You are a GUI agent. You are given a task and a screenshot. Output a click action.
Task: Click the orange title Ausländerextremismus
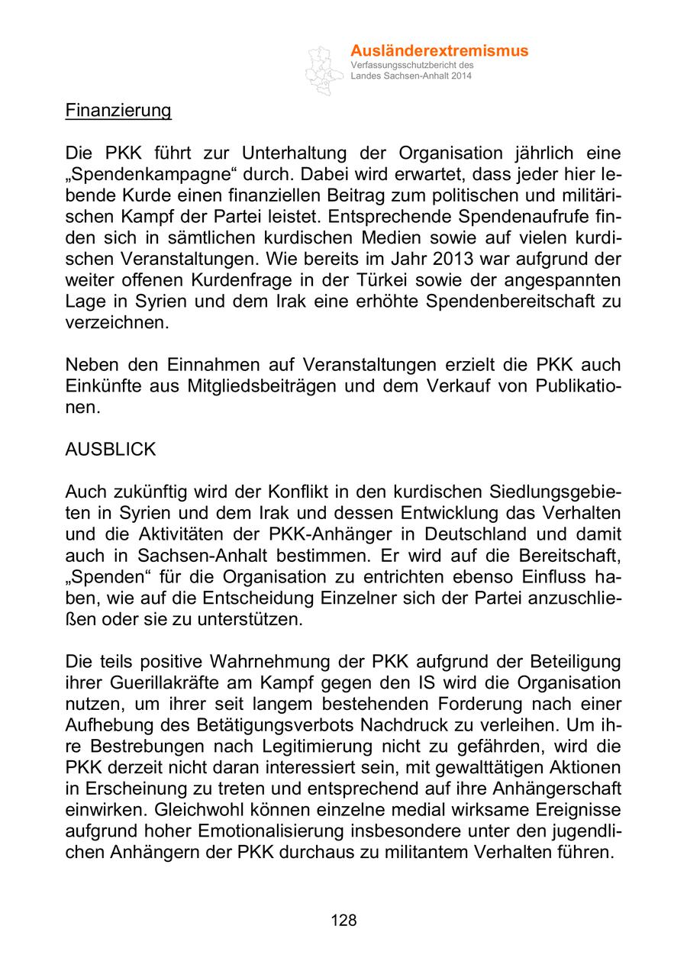(x=439, y=51)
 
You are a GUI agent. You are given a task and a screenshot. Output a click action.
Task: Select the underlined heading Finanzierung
(x=118, y=111)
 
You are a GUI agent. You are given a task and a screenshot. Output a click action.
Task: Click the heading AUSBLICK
(x=111, y=449)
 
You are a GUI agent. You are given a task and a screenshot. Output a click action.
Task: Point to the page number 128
(x=343, y=920)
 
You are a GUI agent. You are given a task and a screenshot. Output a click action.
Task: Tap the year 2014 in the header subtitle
(x=461, y=77)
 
